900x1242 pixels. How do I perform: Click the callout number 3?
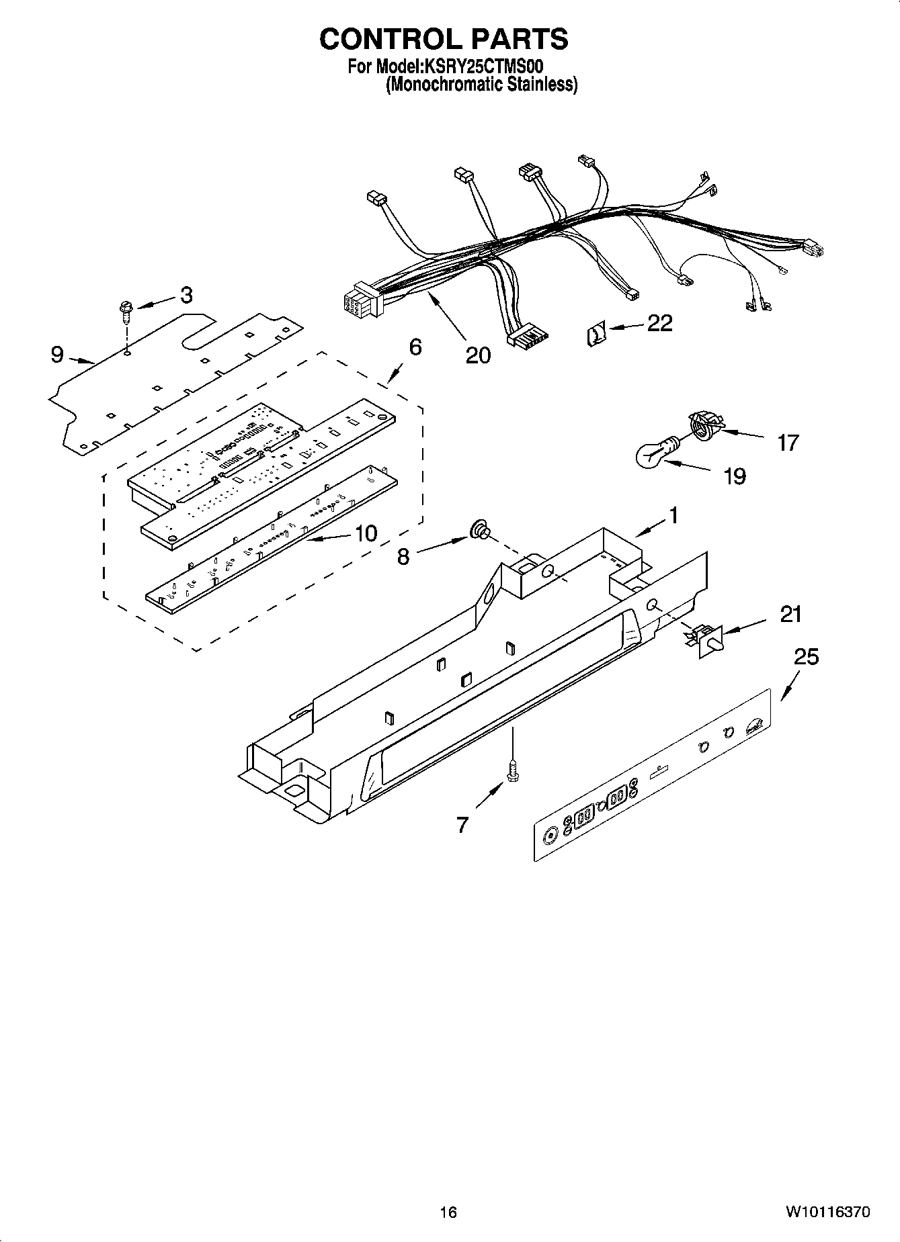pos(186,294)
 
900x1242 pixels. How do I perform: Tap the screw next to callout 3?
pos(126,310)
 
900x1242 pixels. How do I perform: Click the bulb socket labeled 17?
pos(702,427)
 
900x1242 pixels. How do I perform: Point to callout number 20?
pos(478,355)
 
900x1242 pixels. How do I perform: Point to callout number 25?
pos(806,656)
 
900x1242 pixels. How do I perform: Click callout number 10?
pos(366,533)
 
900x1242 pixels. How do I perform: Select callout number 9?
pos(57,354)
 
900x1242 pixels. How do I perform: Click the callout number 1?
pos(672,516)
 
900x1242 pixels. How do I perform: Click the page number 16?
pos(448,1212)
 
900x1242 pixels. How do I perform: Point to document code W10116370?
pos(827,1212)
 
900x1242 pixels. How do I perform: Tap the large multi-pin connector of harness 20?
pos(361,300)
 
